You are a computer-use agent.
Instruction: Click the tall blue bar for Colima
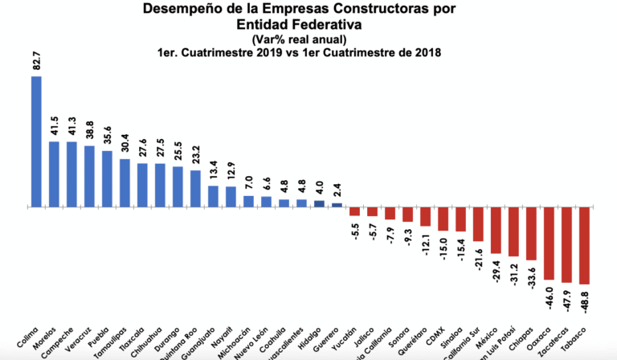(x=36, y=141)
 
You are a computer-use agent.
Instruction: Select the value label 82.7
(x=36, y=63)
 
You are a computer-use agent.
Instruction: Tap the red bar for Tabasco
(x=584, y=246)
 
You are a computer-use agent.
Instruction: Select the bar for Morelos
(x=54, y=174)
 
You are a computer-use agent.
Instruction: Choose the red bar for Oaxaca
(x=549, y=243)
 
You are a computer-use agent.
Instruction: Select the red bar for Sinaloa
(x=461, y=219)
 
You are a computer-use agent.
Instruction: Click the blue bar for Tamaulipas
(x=125, y=182)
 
